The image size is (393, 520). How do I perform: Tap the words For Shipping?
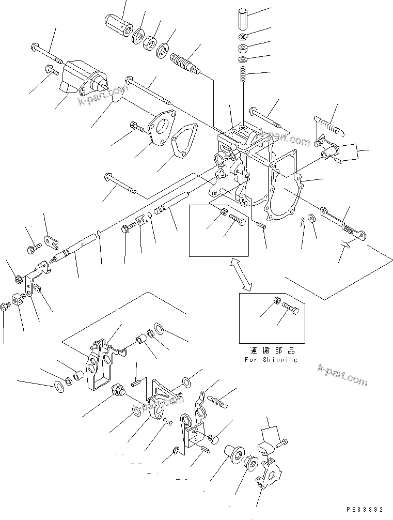tap(271, 359)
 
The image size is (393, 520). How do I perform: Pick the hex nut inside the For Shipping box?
tap(277, 301)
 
